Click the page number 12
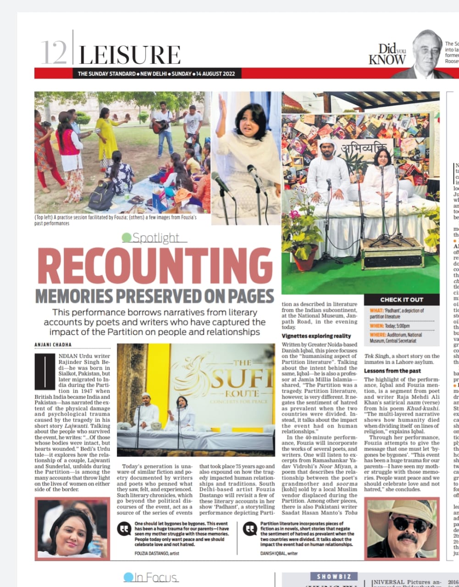(x=54, y=53)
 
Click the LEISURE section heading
(x=130, y=55)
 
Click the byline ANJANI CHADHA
(x=53, y=345)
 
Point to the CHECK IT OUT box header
(x=402, y=299)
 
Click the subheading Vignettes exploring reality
(x=316, y=336)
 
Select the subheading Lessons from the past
(x=392, y=371)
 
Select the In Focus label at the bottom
(x=151, y=578)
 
